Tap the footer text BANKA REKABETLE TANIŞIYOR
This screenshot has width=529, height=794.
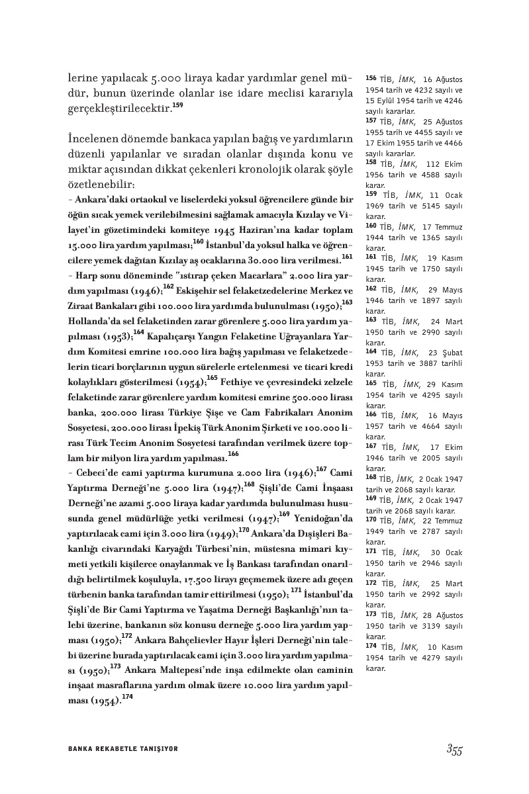coord(123,748)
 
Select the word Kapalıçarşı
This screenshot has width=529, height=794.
coord(175,335)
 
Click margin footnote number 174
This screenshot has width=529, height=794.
coord(371,645)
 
